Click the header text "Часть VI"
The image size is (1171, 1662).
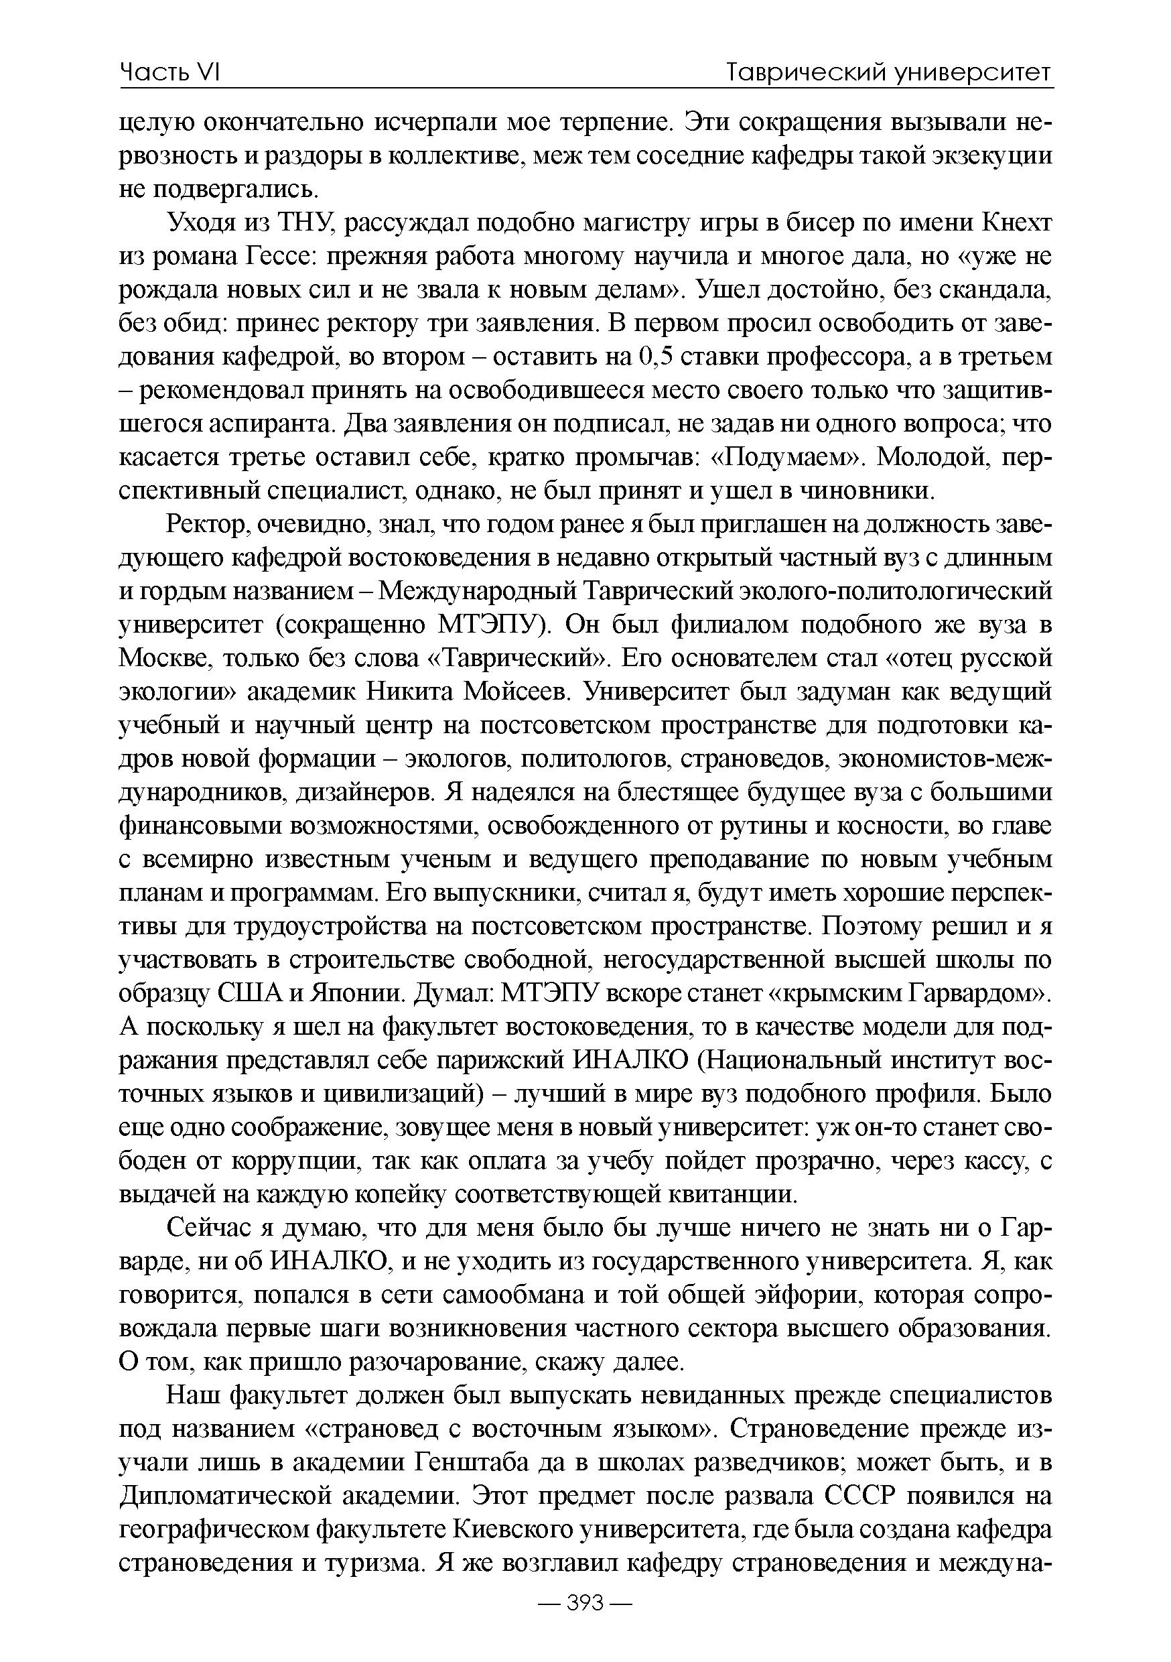pyautogui.click(x=169, y=72)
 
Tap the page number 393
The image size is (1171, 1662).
pyautogui.click(x=585, y=1602)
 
